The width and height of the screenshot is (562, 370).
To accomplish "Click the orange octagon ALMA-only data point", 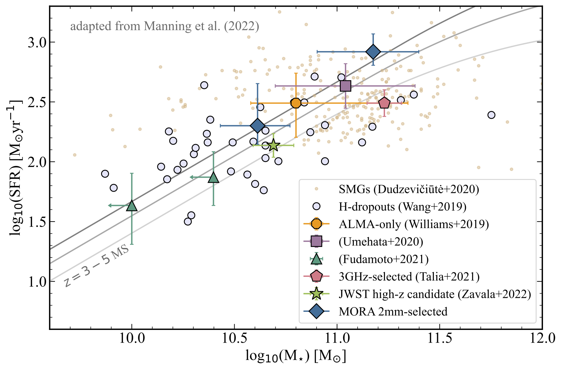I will (296, 103).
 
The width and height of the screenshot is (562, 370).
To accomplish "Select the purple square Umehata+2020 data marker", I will (345, 86).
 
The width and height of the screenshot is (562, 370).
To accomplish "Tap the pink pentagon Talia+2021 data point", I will (384, 103).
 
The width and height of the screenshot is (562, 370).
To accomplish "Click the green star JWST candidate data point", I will (273, 146).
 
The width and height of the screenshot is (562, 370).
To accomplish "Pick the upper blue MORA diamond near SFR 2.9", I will (373, 52).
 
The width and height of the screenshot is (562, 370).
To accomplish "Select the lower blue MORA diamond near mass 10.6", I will (257, 126).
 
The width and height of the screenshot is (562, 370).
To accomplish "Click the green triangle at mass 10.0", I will (132, 206).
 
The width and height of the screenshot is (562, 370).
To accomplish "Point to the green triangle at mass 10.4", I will (213, 178).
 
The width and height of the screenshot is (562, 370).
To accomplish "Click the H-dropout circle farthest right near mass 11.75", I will (491, 115).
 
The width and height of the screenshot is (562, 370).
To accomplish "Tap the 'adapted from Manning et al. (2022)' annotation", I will (165, 26).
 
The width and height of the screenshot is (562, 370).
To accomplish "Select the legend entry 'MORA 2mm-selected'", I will (393, 312).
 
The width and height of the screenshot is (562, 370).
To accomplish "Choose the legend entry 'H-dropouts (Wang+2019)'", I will (402, 207).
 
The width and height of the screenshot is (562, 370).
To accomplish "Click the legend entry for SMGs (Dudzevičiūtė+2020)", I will (409, 189).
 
